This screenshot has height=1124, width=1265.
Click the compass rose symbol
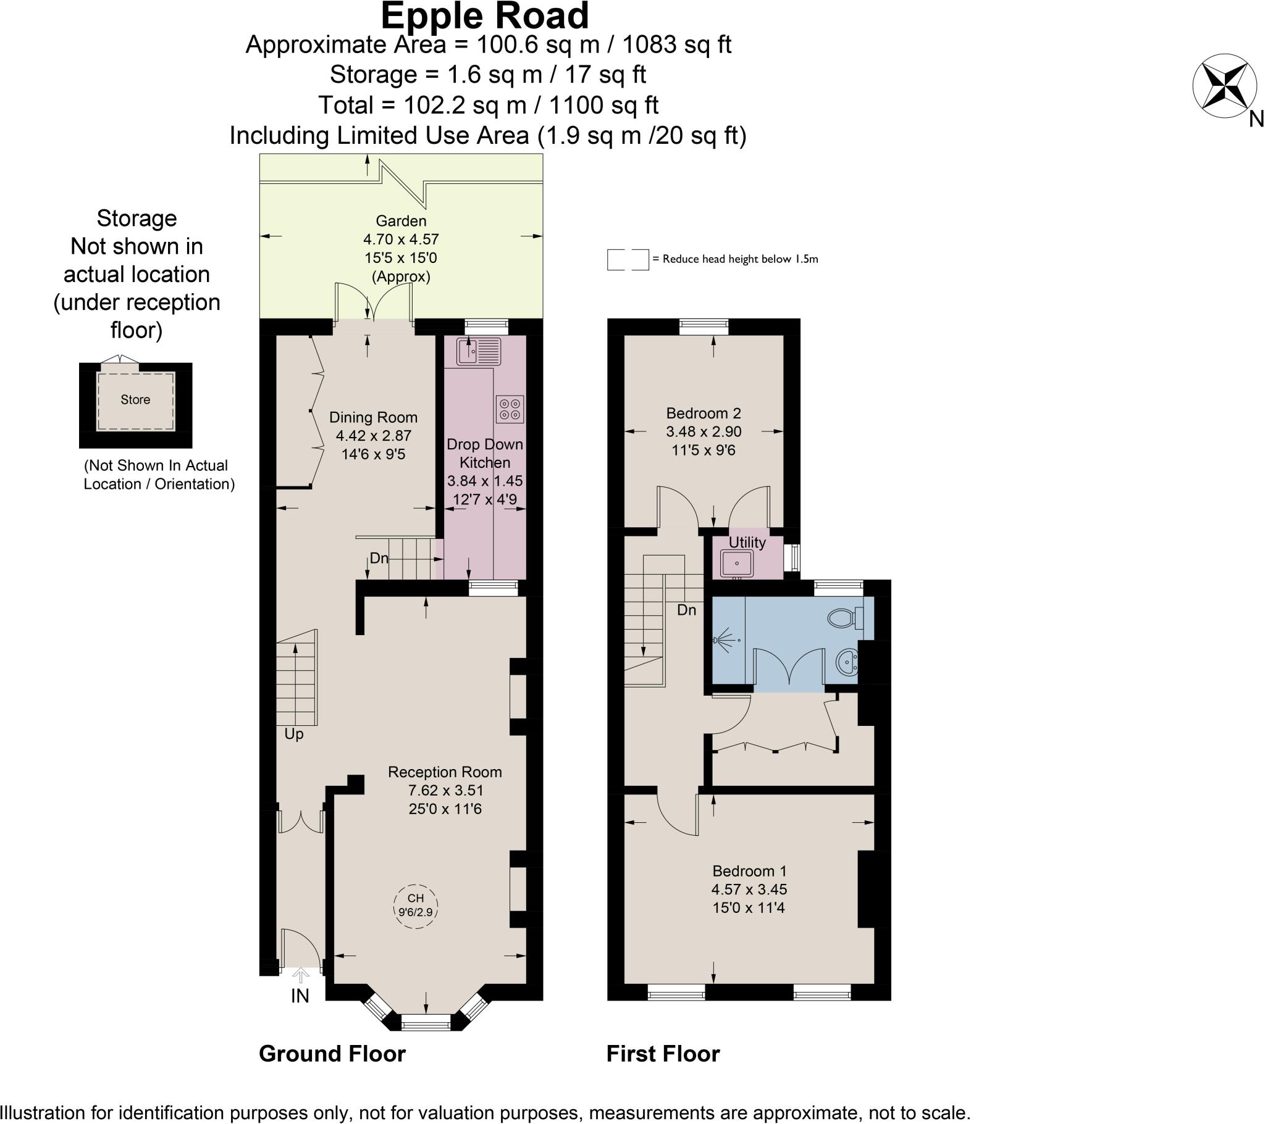point(1225,86)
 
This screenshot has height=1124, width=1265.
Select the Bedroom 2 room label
point(704,413)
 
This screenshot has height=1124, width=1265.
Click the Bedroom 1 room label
point(749,871)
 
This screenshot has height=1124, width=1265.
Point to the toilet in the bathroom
point(846,617)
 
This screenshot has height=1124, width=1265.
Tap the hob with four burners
point(510,408)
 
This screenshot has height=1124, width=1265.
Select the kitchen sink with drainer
point(479,351)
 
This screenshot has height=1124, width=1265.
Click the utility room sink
point(736,564)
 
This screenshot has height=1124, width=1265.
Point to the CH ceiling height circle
point(416,905)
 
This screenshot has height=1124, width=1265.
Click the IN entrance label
point(300,996)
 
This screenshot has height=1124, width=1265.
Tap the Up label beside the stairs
point(294,735)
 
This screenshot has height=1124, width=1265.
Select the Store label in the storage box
point(135,399)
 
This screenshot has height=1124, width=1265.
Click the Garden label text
point(401,221)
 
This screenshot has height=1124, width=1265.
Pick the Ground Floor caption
point(332,1054)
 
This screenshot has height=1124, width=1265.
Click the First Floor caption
point(663,1054)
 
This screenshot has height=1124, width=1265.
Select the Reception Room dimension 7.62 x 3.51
point(445,791)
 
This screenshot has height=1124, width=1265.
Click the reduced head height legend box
point(628,260)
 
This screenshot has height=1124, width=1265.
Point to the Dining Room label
point(373,417)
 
